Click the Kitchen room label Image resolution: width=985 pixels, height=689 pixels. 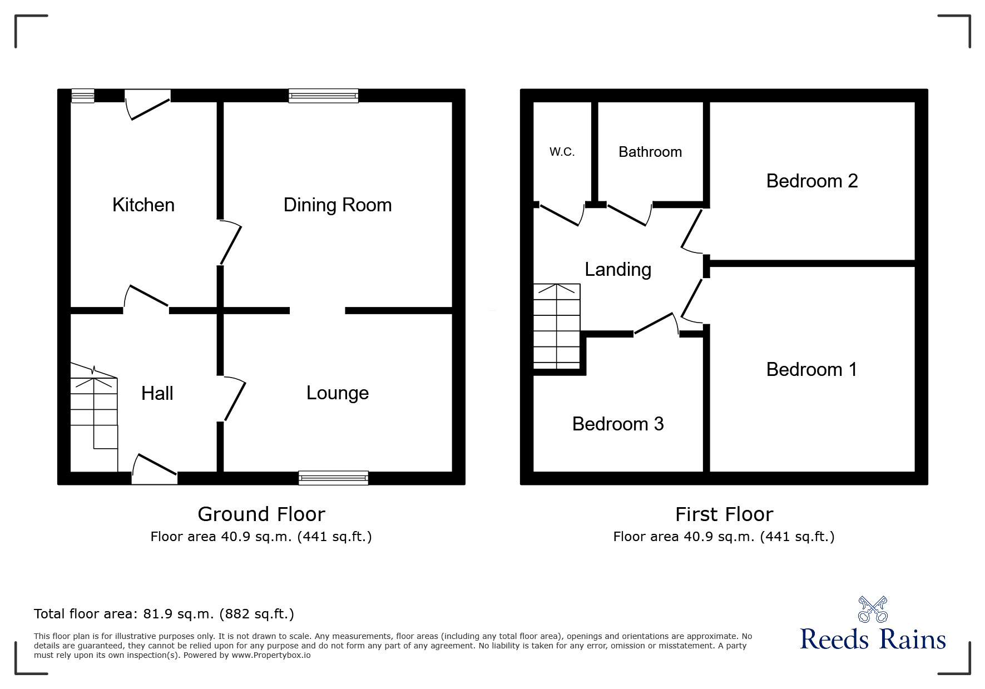pyautogui.click(x=143, y=205)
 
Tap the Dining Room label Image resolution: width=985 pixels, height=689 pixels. pyautogui.click(x=337, y=205)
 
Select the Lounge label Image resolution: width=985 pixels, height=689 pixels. pyautogui.click(x=337, y=393)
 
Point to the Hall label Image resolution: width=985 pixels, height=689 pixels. pyautogui.click(x=157, y=393)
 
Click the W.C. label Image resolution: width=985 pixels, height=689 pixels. pyautogui.click(x=562, y=152)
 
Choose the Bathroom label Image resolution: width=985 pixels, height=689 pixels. pyautogui.click(x=650, y=152)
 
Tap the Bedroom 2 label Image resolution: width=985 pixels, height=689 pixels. pyautogui.click(x=811, y=181)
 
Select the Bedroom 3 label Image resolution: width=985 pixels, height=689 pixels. pyautogui.click(x=617, y=424)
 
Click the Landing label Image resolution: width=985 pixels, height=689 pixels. pyautogui.click(x=617, y=269)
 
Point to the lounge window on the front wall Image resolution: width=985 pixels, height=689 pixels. pyautogui.click(x=333, y=478)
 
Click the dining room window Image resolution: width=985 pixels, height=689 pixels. pyautogui.click(x=323, y=96)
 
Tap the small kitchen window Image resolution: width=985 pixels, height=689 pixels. pyautogui.click(x=83, y=96)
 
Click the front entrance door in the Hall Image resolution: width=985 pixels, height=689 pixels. pyautogui.click(x=155, y=470)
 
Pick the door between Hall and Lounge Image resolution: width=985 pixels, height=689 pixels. pyautogui.click(x=234, y=399)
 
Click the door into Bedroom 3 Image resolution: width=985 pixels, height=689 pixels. pyautogui.click(x=656, y=324)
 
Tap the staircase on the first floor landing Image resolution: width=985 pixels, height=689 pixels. pyautogui.click(x=556, y=326)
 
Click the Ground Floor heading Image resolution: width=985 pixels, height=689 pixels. pyautogui.click(x=261, y=514)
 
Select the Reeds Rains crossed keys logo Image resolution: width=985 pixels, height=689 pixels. pyautogui.click(x=873, y=609)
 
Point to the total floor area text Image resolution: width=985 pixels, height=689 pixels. pyautogui.click(x=164, y=614)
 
